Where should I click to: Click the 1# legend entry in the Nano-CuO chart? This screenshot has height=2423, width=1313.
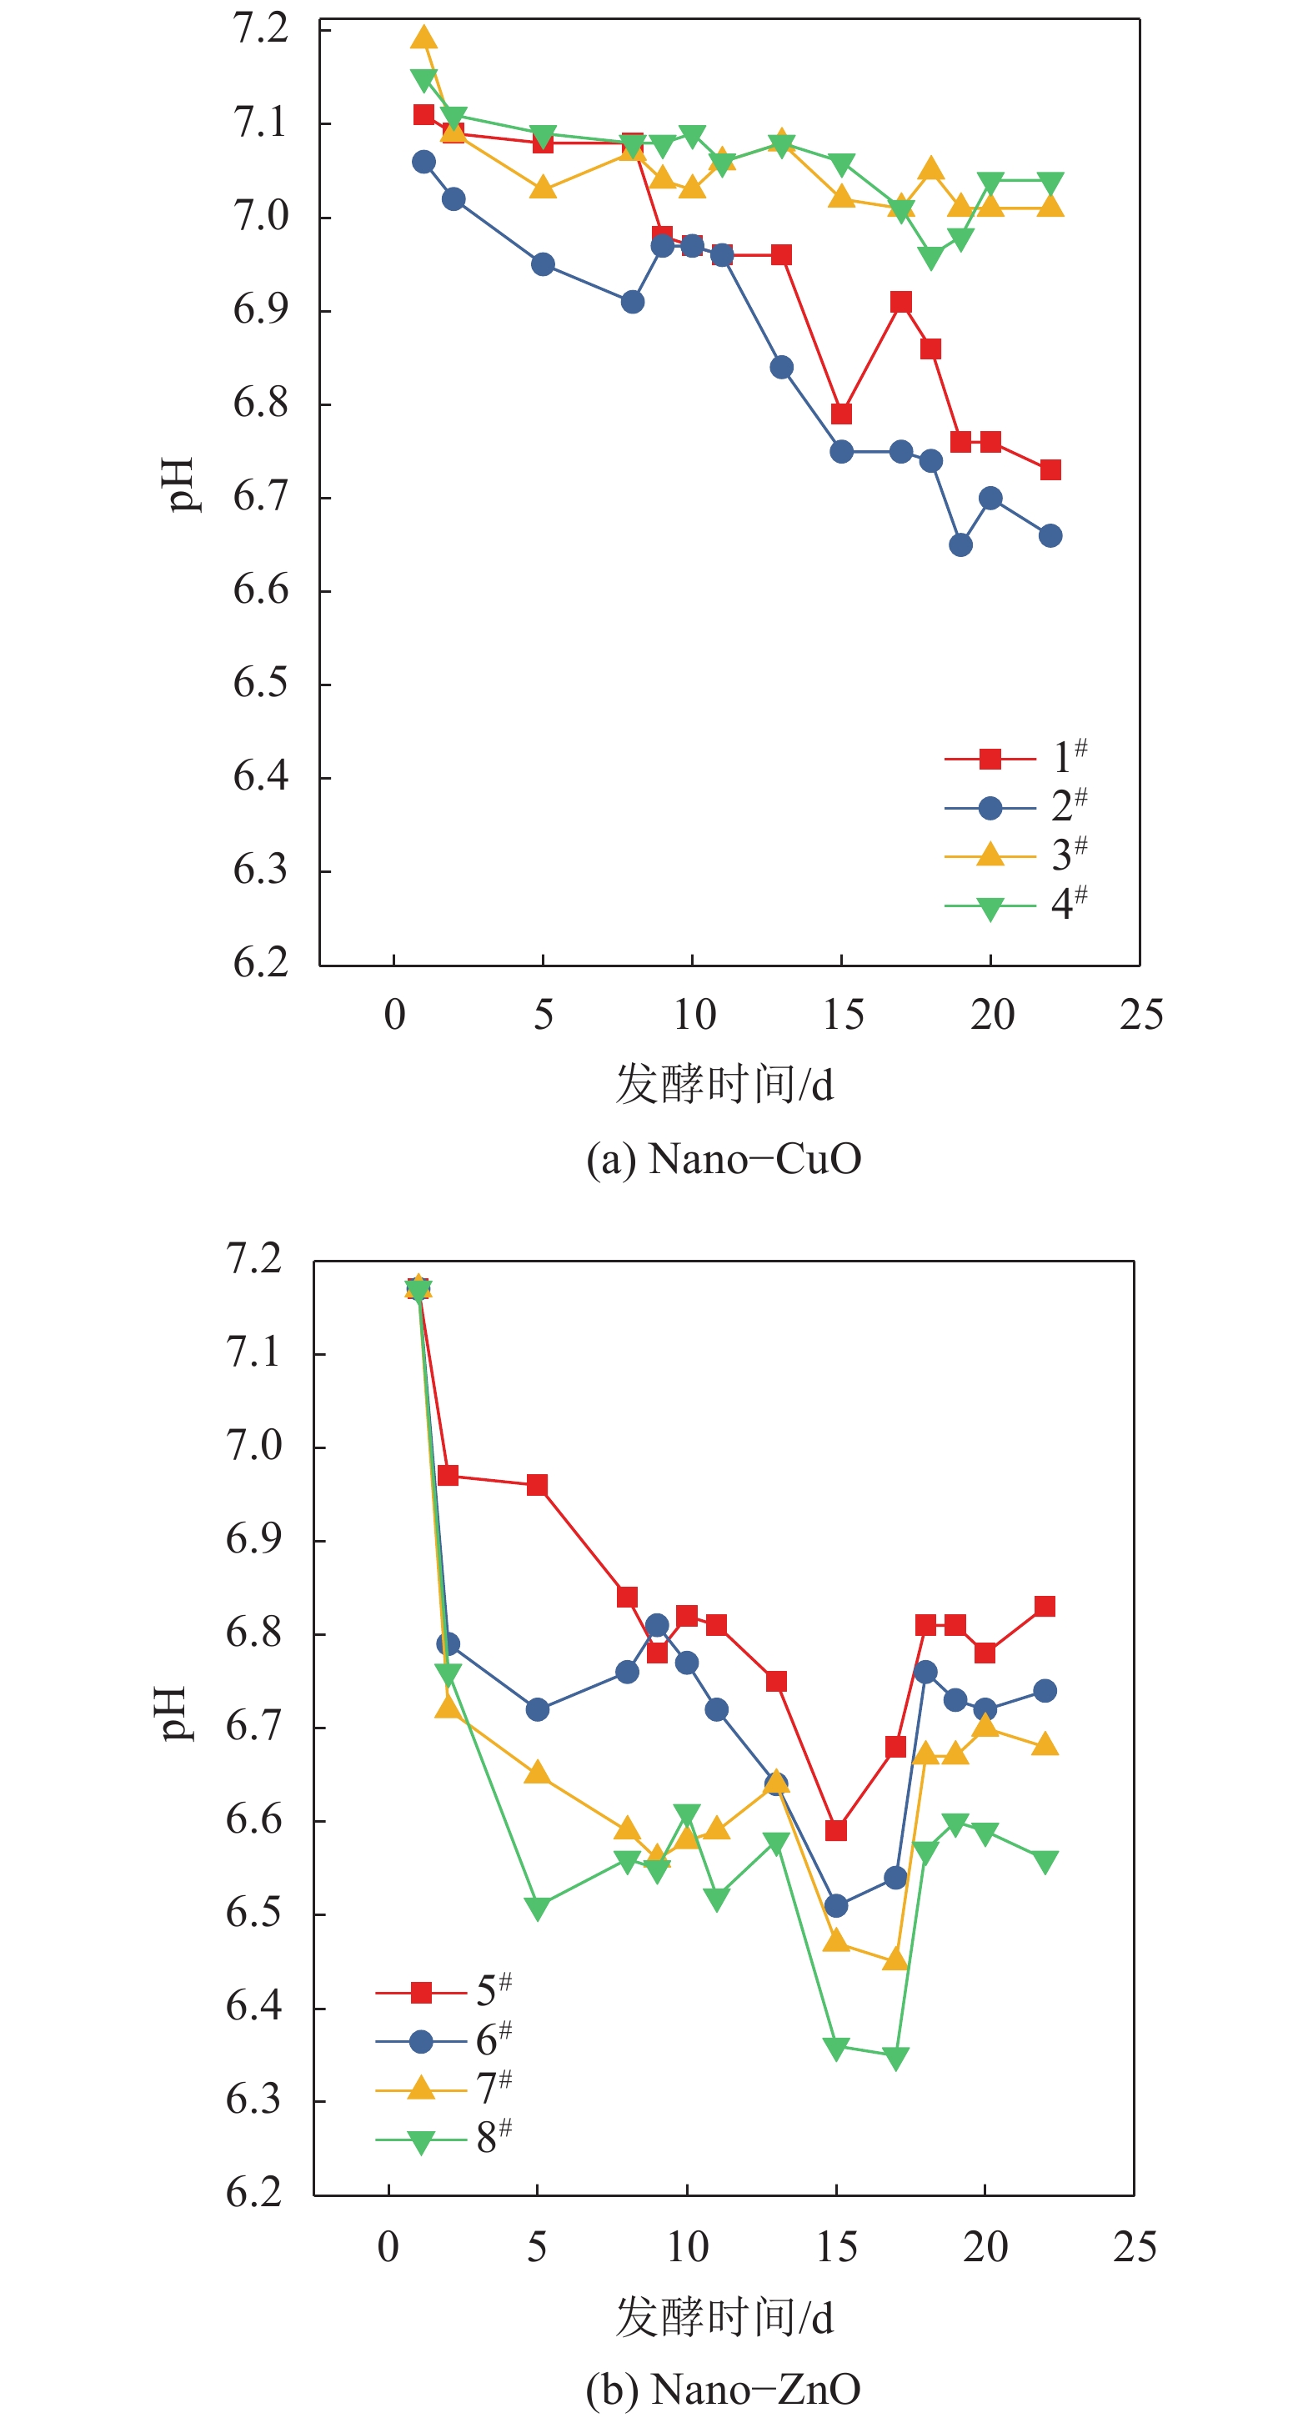click(x=1015, y=757)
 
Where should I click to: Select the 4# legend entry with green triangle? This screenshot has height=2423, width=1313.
click(x=1015, y=905)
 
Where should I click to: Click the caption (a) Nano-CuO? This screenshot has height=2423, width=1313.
click(x=724, y=1159)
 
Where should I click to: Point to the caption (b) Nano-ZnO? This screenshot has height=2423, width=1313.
click(x=724, y=2388)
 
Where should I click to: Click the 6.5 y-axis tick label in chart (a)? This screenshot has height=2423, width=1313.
click(x=261, y=684)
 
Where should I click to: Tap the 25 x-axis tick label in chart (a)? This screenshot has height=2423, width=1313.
click(x=1141, y=1016)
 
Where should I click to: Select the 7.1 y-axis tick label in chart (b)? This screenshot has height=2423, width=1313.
click(x=254, y=1352)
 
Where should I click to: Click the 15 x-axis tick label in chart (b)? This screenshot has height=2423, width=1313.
click(x=836, y=2247)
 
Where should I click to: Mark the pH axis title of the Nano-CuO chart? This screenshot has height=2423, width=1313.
click(x=179, y=484)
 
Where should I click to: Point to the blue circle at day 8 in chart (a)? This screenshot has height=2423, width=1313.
click(x=633, y=302)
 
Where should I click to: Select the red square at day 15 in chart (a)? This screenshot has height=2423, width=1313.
click(x=842, y=414)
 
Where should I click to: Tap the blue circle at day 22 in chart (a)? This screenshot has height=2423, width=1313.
click(x=1050, y=536)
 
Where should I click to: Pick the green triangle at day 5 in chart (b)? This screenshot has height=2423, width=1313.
click(x=537, y=1909)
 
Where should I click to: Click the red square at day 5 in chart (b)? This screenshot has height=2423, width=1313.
click(x=537, y=1485)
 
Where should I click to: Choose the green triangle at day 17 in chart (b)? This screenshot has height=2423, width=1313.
click(x=896, y=2058)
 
